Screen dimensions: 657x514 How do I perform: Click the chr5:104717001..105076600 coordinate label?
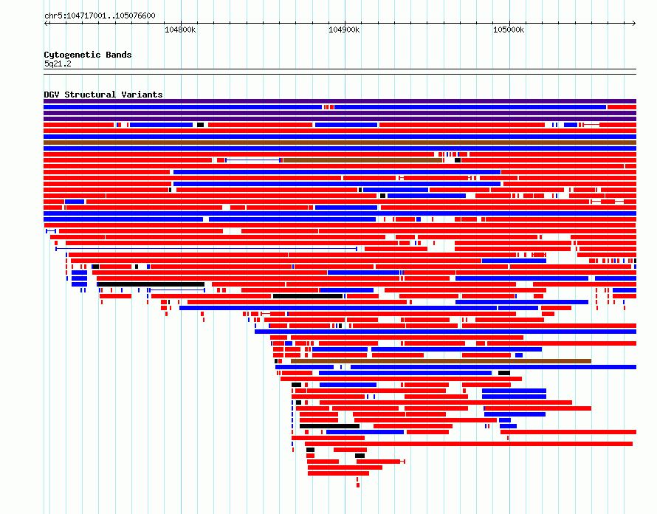(100, 16)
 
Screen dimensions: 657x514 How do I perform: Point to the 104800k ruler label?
(180, 30)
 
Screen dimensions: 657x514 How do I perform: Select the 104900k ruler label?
(344, 30)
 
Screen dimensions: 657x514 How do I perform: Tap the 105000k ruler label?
(509, 30)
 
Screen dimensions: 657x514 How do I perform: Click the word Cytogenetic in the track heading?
(72, 55)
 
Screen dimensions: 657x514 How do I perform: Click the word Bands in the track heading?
(119, 55)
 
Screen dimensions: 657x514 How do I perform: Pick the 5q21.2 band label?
(58, 64)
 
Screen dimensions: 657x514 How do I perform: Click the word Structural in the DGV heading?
(90, 95)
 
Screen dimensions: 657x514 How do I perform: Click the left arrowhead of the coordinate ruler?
(45, 24)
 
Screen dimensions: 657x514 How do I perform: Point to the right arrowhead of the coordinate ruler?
(634, 24)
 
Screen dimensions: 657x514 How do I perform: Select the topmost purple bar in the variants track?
(340, 101)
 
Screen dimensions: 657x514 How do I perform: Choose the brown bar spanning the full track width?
(340, 143)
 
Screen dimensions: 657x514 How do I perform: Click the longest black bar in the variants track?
(151, 284)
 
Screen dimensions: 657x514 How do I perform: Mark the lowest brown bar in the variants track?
(441, 361)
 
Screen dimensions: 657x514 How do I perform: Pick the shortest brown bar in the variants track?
(363, 160)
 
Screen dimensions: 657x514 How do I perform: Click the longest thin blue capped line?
(207, 249)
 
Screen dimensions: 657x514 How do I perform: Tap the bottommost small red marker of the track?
(358, 485)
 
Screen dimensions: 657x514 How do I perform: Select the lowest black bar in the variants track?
(360, 456)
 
